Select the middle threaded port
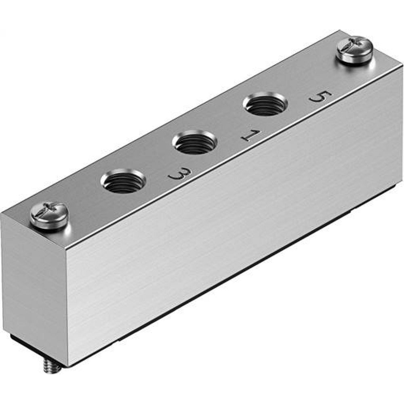coord(194,142)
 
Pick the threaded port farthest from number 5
coord(123,181)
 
